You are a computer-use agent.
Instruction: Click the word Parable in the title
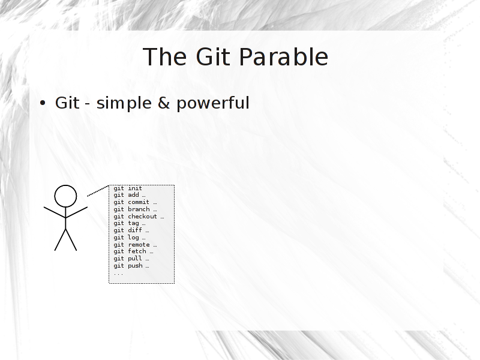tap(283, 57)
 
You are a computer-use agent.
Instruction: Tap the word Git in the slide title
tap(213, 57)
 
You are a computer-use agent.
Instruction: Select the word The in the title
tap(164, 57)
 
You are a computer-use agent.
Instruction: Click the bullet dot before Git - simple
tap(43, 103)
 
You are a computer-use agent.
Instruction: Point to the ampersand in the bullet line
tap(164, 103)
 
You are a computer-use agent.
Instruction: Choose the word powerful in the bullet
tap(213, 103)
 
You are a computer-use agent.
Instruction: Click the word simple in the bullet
tap(124, 103)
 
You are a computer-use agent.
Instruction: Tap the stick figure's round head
tap(65, 196)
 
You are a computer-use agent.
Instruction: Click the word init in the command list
tap(135, 188)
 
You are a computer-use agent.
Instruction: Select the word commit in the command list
tap(139, 202)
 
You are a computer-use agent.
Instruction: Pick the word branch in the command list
tap(139, 209)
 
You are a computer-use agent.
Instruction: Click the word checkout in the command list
tap(142, 217)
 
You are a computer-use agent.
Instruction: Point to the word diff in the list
tap(135, 230)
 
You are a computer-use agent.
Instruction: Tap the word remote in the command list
tap(139, 245)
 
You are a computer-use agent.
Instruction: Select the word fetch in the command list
tap(137, 251)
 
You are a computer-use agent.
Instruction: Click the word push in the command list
tap(135, 266)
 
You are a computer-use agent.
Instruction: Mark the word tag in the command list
tap(133, 223)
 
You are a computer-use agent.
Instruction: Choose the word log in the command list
tap(133, 238)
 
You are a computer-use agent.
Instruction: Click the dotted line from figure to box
tap(98, 191)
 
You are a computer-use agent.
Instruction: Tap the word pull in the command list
tap(135, 259)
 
